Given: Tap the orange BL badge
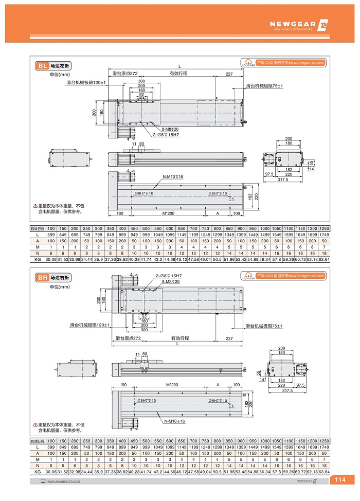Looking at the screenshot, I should click(42, 66).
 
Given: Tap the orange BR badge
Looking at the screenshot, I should click(43, 278).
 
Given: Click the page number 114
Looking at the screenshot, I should click(340, 480).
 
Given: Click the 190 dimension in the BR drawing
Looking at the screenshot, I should click(123, 385).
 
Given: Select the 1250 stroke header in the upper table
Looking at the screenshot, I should click(324, 228).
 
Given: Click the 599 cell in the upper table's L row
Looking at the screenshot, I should click(51, 235).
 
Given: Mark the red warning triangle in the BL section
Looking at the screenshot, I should click(35, 205).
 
